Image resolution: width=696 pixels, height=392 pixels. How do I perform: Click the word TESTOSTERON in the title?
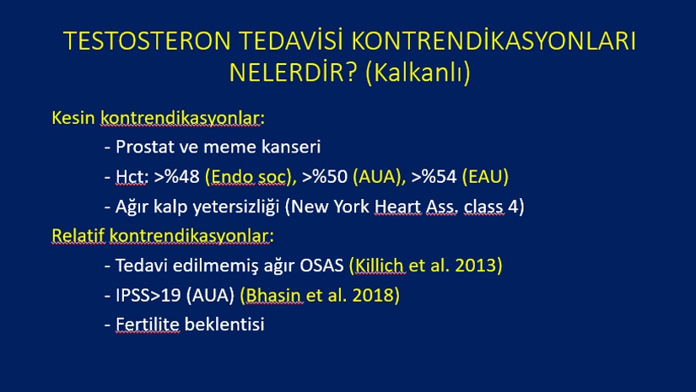147,40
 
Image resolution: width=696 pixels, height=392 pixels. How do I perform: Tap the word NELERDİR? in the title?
293,72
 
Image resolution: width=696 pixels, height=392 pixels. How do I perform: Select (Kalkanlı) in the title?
418,72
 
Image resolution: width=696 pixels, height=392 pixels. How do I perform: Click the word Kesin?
73,118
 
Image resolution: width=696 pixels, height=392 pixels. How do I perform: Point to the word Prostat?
145,147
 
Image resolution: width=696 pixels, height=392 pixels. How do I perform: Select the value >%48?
176,176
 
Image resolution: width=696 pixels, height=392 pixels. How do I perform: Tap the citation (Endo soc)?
249,176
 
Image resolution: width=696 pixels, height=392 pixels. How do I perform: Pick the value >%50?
325,176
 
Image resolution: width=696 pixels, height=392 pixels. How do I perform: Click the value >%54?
434,176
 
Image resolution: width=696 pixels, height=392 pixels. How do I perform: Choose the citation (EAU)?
485,176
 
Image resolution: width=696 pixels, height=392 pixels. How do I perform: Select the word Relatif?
78,235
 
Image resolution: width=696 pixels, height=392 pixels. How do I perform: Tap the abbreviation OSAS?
321,266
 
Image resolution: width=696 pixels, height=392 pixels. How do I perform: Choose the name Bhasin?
273,295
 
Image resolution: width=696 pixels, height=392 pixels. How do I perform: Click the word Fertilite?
148,325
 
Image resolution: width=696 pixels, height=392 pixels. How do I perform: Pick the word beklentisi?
224,325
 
